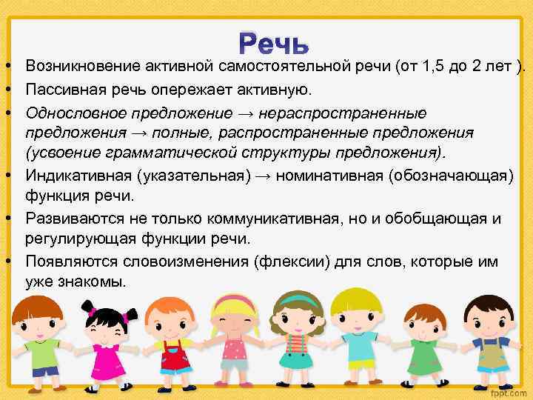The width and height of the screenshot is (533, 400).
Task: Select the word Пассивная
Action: point(60,90)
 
